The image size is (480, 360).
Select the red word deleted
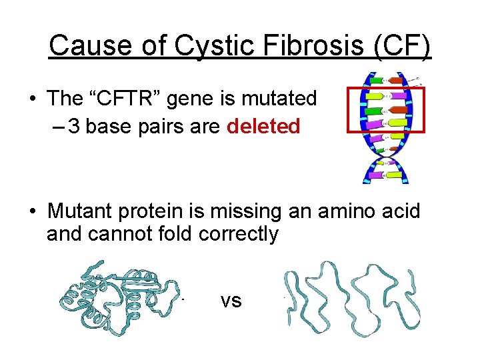(263, 127)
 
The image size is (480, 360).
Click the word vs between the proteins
(231, 301)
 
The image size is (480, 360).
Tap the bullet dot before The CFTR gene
(32, 99)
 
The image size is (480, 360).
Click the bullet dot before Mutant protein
(32, 212)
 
